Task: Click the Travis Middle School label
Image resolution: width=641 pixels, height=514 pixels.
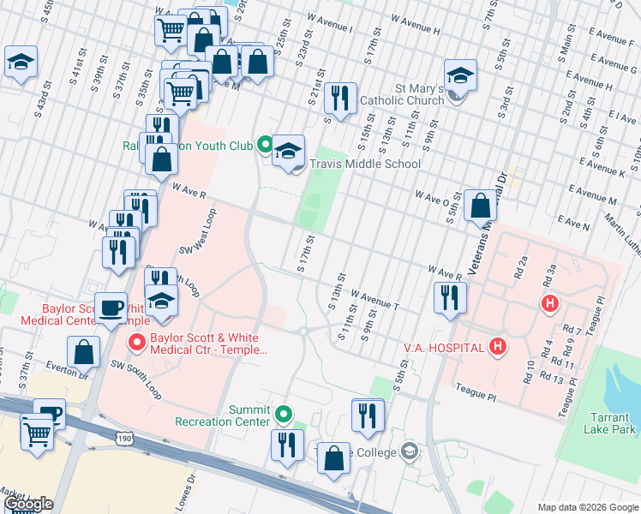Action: (365, 164)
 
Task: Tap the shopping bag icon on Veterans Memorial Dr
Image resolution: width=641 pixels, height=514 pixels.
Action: (482, 206)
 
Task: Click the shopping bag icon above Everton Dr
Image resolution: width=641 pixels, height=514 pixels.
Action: (84, 351)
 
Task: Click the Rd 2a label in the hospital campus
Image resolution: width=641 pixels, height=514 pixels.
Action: (518, 273)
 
